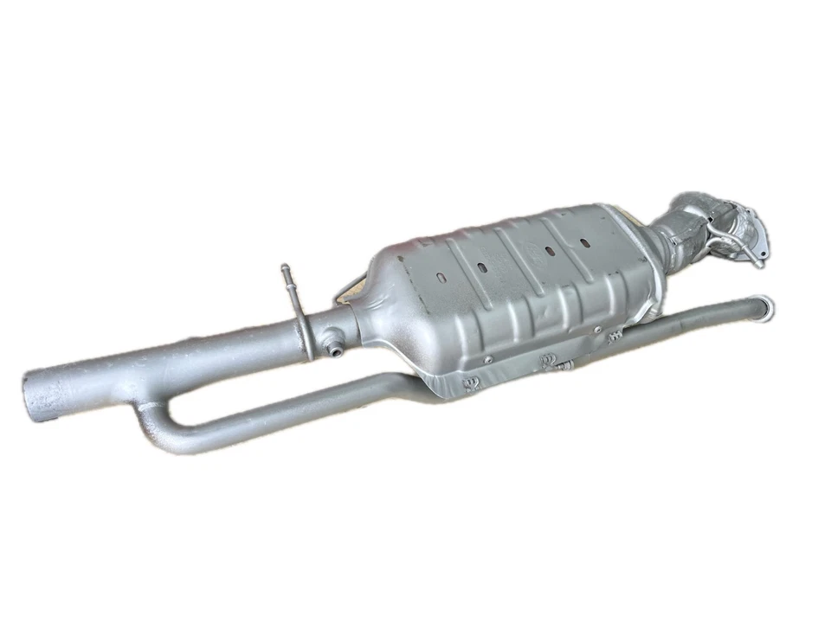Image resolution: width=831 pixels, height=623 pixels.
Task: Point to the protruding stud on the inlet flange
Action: click(x=758, y=262)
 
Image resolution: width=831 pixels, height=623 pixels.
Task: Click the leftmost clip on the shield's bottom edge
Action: click(x=472, y=381)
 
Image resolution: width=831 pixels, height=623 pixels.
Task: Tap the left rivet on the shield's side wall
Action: click(x=490, y=358)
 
